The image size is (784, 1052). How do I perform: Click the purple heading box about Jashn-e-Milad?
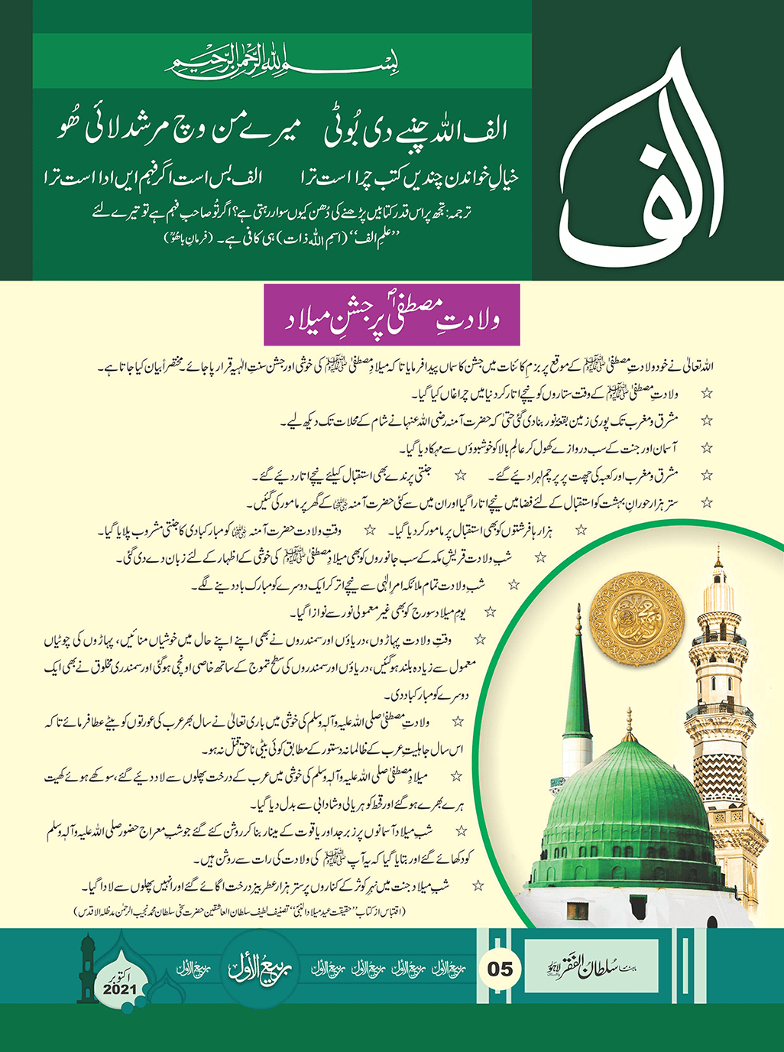391,314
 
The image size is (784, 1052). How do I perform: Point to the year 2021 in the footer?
118,989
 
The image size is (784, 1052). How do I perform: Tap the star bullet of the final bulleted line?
478,885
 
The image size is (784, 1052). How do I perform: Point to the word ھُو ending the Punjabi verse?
67,131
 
